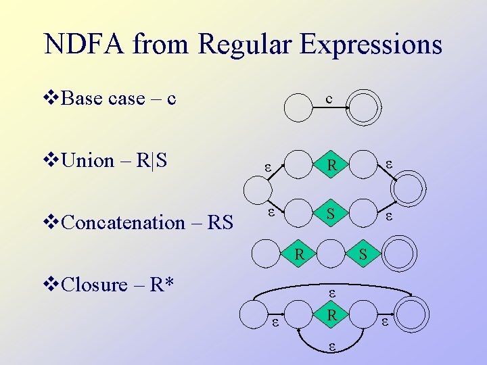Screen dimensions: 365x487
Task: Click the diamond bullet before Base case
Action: point(51,99)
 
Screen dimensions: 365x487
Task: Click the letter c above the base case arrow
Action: point(329,99)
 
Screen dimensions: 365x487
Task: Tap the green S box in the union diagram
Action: point(331,214)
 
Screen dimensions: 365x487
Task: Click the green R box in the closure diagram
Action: point(331,316)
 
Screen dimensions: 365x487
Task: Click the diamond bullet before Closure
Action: point(51,285)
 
